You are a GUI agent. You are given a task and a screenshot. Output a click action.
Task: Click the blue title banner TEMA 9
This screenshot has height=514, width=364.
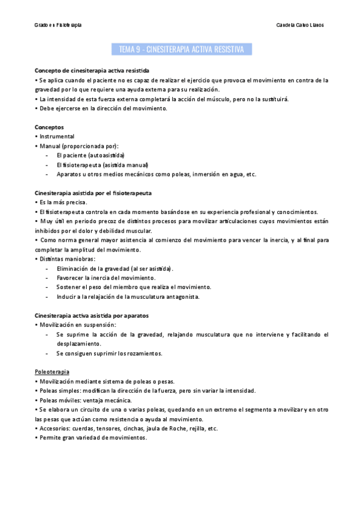pyautogui.click(x=182, y=49)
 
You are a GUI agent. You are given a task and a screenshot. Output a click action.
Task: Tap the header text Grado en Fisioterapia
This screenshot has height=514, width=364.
pyautogui.click(x=58, y=25)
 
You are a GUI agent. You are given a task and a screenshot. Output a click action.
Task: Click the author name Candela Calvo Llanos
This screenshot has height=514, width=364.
pyautogui.click(x=300, y=25)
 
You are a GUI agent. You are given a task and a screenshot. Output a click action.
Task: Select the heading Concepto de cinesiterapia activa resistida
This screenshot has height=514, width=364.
pyautogui.click(x=92, y=70)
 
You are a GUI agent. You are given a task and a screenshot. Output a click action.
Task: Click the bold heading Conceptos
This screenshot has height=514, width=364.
pyautogui.click(x=52, y=127)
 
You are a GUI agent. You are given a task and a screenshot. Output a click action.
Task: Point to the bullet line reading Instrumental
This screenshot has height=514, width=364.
pyautogui.click(x=57, y=136)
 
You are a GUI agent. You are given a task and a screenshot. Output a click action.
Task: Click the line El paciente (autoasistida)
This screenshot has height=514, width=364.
pyautogui.click(x=90, y=155)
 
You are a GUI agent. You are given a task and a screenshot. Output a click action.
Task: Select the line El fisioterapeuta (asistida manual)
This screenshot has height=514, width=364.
pyautogui.click(x=102, y=165)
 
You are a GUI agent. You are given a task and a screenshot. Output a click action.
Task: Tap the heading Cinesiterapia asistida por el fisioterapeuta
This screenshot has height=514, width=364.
pyautogui.click(x=93, y=193)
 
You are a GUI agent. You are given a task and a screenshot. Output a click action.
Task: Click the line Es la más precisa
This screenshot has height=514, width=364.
pyautogui.click(x=63, y=202)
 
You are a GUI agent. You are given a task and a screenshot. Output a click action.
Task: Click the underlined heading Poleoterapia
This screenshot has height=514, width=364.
pyautogui.click(x=52, y=372)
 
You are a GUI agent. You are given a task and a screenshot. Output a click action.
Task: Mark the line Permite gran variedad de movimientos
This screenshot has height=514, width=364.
pyautogui.click(x=93, y=438)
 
